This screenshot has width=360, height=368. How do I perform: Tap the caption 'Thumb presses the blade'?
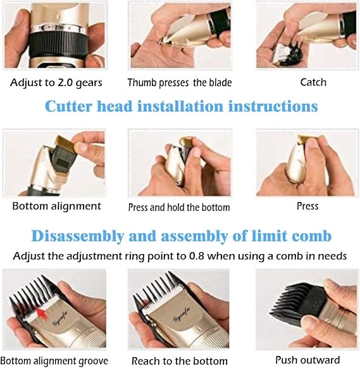pos(179,83)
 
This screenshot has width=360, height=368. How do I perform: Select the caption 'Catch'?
pos(313,82)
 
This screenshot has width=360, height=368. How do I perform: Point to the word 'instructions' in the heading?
pos(277,106)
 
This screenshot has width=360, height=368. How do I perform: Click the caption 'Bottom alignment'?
pos(56,206)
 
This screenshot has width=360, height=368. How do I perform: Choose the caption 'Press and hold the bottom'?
pos(179,207)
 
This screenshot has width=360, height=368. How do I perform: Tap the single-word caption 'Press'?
pos(307,206)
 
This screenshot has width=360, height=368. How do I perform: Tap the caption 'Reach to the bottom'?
pos(179,360)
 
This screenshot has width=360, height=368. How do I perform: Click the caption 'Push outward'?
pos(307,360)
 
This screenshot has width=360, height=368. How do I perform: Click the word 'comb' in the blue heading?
pos(309,236)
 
